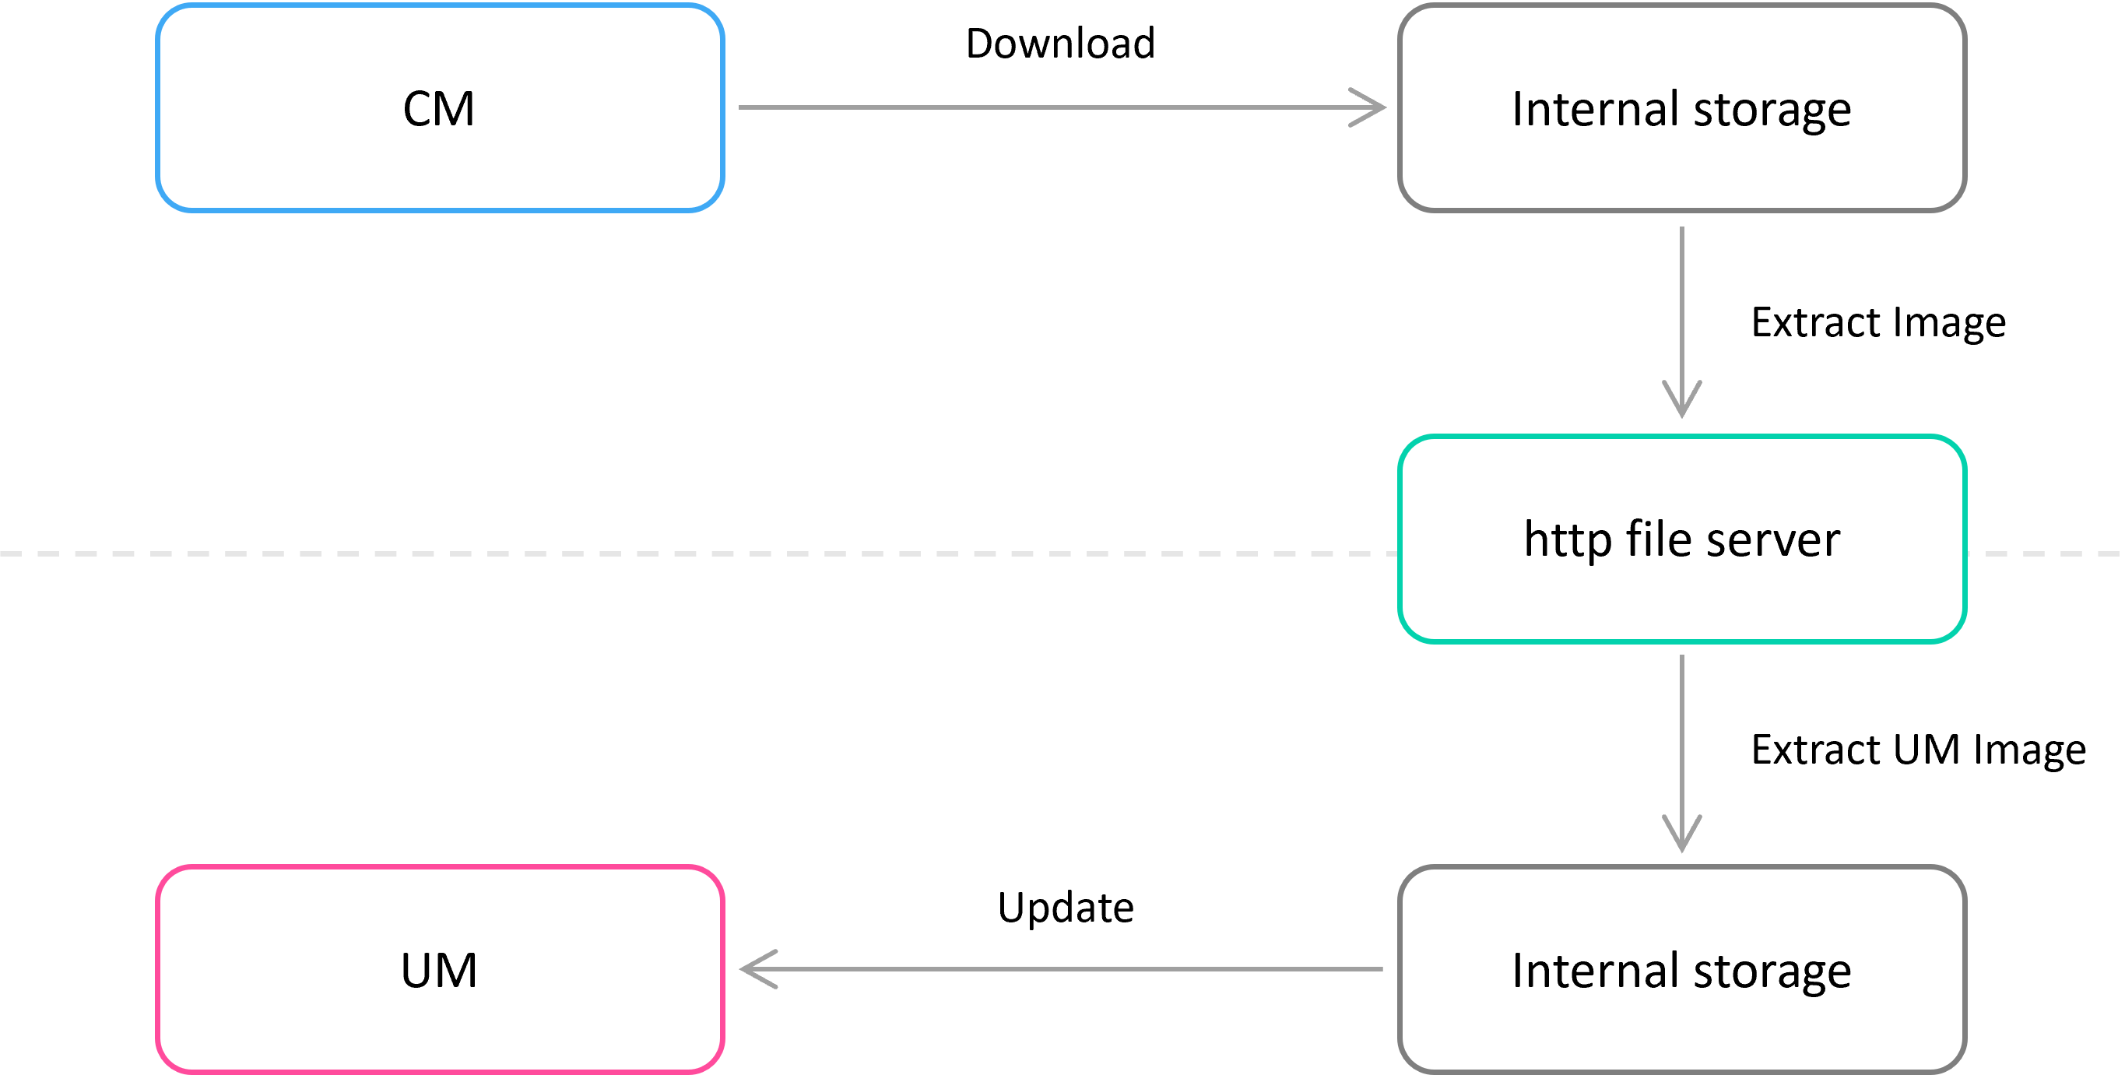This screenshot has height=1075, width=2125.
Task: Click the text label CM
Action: tap(439, 108)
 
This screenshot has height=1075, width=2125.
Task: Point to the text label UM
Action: tap(439, 970)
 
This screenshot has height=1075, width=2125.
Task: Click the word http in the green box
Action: tap(1568, 540)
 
